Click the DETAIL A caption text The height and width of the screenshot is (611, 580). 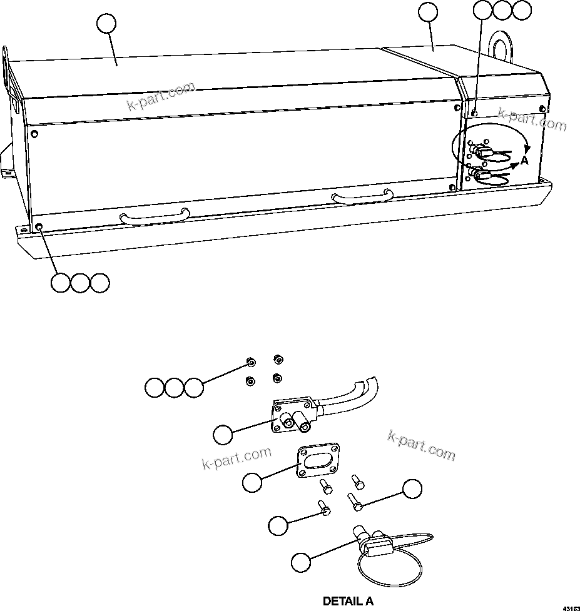point(348,602)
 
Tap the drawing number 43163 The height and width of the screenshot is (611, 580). point(570,607)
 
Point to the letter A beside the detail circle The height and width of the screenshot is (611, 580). point(525,161)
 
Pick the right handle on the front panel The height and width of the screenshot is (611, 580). point(362,196)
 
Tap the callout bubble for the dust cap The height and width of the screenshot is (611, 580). point(301,562)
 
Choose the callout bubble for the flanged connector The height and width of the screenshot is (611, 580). point(222,433)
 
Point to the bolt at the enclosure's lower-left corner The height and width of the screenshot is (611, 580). point(39,226)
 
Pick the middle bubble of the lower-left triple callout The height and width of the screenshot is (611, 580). point(79,283)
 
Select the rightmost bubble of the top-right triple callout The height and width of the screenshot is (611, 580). point(521,10)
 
